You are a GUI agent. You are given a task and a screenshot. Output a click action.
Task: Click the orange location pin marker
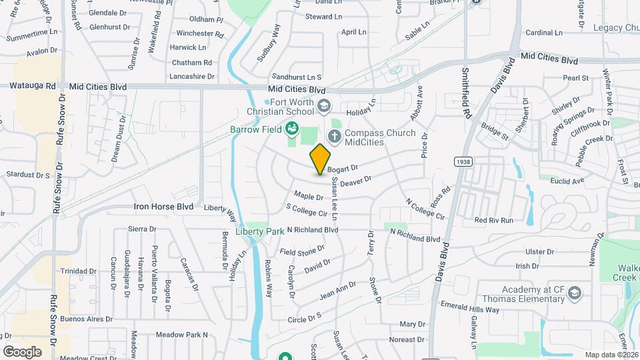point(321,159)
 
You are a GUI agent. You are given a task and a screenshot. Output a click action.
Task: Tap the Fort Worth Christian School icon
point(324,105)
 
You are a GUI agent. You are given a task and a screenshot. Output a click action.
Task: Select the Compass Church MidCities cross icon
point(334,137)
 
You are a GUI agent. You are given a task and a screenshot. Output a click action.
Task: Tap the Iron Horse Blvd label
point(163,207)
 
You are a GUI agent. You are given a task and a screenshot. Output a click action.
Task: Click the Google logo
point(22,351)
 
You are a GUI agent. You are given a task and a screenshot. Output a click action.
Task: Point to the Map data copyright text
point(610,354)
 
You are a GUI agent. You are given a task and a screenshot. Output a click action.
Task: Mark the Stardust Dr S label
point(28,175)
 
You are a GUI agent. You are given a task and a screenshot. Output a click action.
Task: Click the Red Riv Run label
point(493,220)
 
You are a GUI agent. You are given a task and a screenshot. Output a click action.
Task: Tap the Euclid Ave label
point(567,181)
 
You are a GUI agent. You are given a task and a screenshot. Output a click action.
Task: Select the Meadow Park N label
point(182,335)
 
